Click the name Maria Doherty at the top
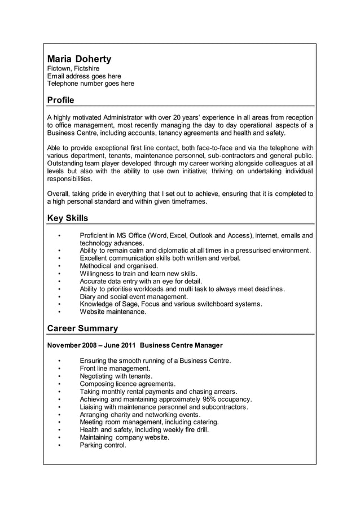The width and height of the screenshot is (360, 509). [79, 59]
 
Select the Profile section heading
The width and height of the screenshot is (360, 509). [60, 100]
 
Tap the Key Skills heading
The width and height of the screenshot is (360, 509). [67, 218]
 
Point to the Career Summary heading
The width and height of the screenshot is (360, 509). [82, 328]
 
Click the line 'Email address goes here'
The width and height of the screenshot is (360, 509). [84, 76]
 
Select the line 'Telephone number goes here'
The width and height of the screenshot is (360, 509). [91, 84]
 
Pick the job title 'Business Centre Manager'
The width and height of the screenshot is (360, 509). [181, 345]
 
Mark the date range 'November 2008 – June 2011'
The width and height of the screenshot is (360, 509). [91, 345]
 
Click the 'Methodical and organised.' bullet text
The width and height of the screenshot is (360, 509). [119, 266]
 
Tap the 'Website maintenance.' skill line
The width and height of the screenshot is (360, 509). [113, 311]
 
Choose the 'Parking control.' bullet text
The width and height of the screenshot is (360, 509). [103, 445]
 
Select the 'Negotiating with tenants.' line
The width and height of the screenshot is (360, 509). [116, 376]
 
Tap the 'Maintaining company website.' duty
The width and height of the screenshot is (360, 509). [125, 437]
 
